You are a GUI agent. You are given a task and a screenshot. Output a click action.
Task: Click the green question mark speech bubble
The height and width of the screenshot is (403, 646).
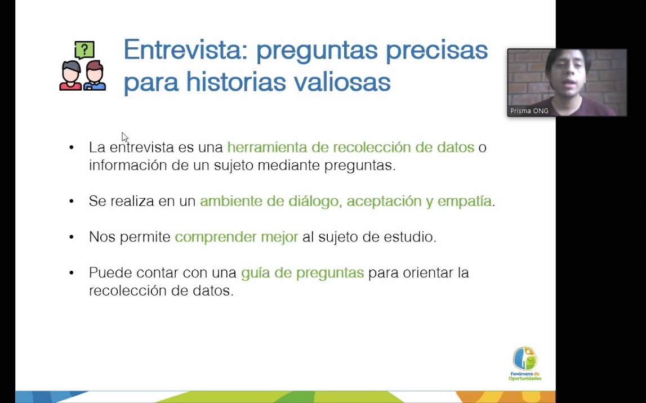(85, 50)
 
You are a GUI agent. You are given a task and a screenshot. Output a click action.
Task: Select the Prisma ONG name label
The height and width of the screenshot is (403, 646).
(529, 111)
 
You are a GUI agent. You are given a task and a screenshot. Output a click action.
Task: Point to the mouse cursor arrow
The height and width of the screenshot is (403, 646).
(125, 137)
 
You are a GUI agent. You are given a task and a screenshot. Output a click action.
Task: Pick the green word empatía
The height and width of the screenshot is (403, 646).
(464, 201)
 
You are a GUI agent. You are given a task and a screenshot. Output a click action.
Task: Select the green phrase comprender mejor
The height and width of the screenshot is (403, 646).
(237, 237)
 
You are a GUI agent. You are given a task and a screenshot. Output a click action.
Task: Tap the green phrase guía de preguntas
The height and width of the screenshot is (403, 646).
(302, 273)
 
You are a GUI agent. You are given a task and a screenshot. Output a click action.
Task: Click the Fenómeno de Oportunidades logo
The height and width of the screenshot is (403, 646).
(525, 364)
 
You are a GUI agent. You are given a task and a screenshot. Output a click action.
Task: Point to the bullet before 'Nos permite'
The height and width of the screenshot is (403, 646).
(72, 237)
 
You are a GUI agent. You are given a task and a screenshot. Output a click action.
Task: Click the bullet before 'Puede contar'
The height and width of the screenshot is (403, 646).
(72, 272)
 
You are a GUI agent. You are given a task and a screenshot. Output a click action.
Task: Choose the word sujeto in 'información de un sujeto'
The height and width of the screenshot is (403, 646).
(234, 165)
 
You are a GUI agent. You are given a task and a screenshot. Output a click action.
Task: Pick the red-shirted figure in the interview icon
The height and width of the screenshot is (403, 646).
(71, 76)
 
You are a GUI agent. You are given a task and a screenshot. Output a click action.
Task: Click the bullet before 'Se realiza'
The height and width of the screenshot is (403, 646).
(72, 201)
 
